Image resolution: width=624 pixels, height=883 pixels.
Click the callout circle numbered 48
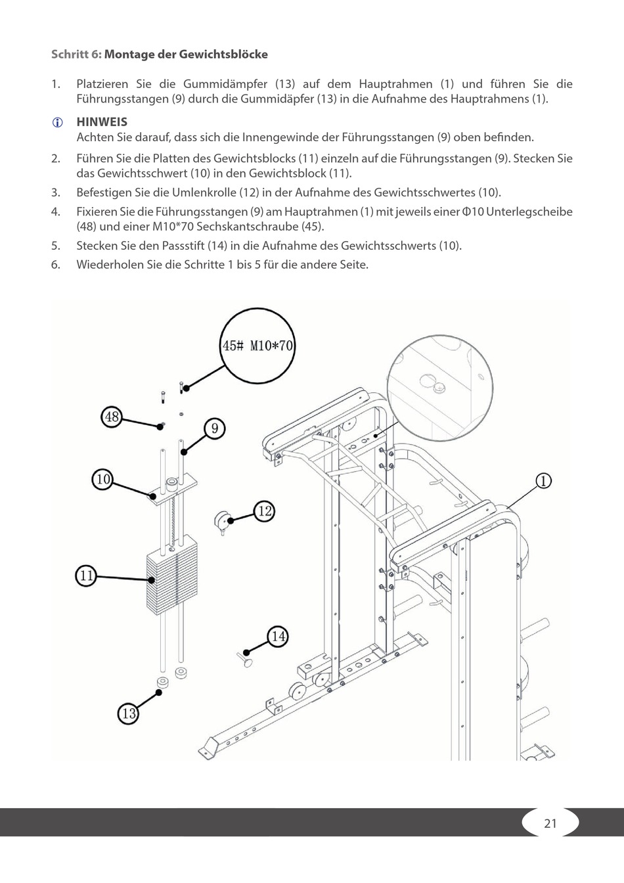coord(112,416)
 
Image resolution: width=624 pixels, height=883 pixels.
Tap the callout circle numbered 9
coord(214,429)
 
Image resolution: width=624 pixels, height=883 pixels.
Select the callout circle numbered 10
coord(103,479)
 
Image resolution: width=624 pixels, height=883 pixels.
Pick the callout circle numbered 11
coord(86,576)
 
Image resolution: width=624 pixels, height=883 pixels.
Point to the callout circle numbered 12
coord(264,510)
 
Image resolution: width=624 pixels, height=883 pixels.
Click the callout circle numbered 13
coord(129,713)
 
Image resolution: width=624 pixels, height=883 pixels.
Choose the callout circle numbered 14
coord(279,636)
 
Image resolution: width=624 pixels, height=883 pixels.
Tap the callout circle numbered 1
coord(543,481)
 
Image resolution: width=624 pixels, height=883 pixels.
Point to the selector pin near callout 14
coord(246,658)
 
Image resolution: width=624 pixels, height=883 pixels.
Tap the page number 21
coord(550,823)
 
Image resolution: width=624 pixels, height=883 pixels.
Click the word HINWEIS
coord(102,122)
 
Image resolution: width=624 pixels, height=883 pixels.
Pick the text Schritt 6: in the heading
coord(76,54)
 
